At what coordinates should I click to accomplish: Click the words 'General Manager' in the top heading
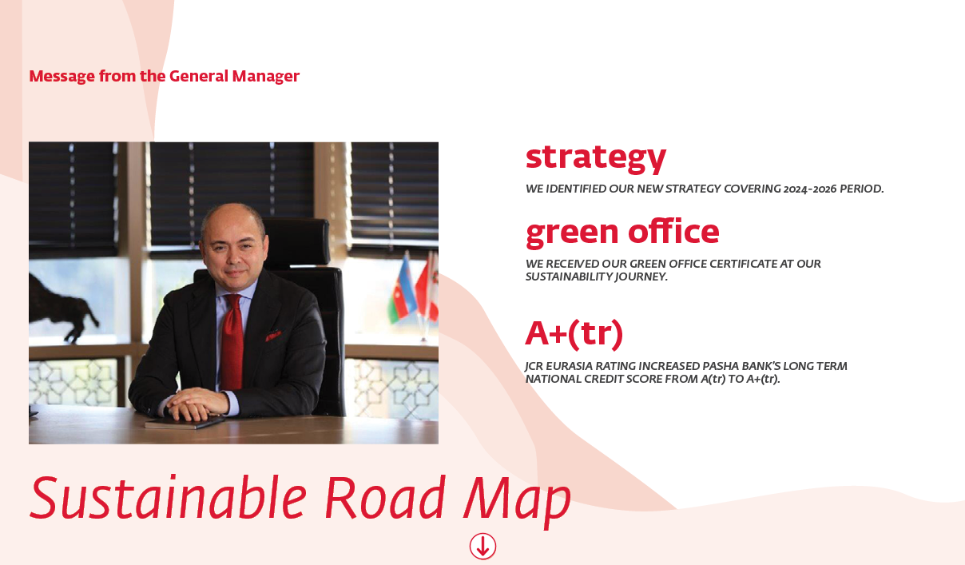pos(234,76)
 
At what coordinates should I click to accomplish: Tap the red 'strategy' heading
pos(596,158)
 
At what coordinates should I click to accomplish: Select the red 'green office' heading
pos(622,233)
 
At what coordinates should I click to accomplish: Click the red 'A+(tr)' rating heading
pos(574,334)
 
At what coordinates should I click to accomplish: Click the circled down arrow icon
pos(483,546)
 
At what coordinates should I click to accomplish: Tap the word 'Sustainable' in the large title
pos(169,498)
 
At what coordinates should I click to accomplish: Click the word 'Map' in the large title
pos(517,502)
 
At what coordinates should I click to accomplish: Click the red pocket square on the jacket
pos(273,336)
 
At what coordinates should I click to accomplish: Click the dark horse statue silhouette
pos(61,307)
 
